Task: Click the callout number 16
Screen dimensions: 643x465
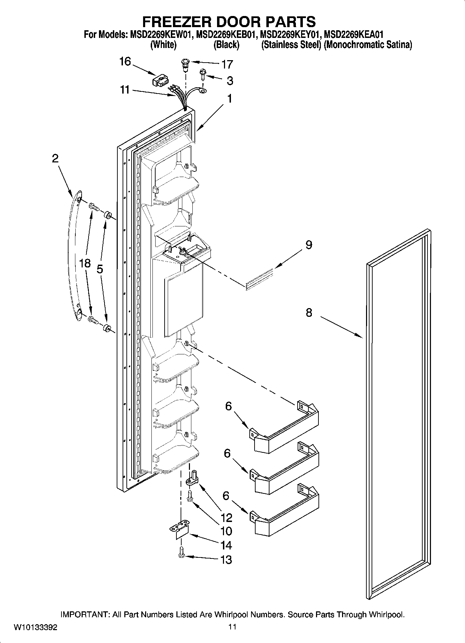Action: [x=125, y=62]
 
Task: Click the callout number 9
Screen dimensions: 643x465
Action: [x=309, y=245]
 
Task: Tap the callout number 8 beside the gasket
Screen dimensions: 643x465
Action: [x=309, y=313]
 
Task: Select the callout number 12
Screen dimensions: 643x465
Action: [x=226, y=518]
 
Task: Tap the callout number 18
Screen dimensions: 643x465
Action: [x=85, y=263]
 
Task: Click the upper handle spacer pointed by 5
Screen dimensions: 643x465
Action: [x=107, y=215]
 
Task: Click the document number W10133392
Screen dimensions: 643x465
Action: [x=35, y=627]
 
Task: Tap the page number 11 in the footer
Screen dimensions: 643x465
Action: [x=232, y=627]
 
